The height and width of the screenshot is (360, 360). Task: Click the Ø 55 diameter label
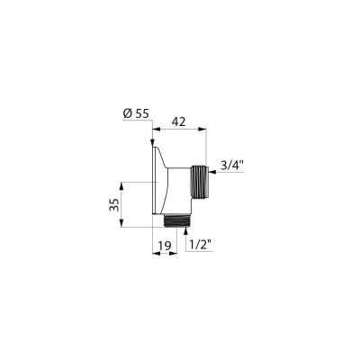[x=136, y=113]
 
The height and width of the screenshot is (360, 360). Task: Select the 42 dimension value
[x=179, y=121]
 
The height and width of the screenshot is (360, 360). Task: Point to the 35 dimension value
[x=114, y=204]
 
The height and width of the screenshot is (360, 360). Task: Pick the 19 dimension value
[x=165, y=246]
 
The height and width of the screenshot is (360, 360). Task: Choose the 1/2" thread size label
[x=201, y=246]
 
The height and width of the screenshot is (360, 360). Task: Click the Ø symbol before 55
[x=128, y=113]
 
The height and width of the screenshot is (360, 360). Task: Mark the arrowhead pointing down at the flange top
[x=152, y=142]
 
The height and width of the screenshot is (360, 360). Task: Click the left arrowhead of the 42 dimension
[x=156, y=130]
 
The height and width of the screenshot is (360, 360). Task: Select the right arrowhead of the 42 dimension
[x=203, y=130]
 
